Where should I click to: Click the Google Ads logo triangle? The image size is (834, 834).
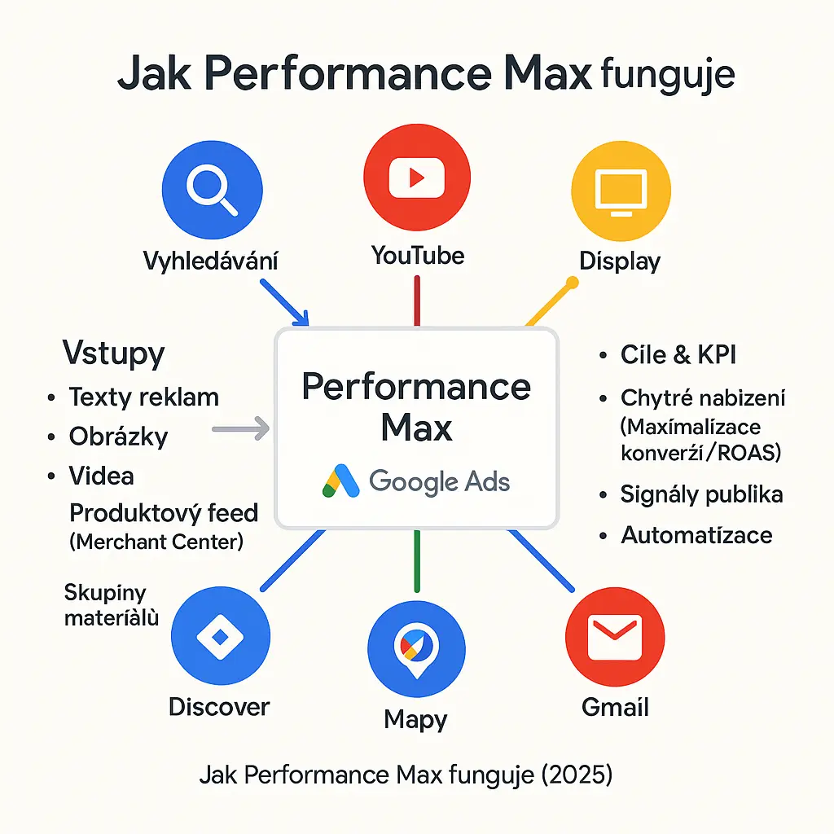click(340, 481)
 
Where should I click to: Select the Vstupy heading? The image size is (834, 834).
click(113, 353)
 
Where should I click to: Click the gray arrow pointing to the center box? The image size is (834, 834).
click(240, 428)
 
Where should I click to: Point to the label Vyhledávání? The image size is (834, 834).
click(210, 261)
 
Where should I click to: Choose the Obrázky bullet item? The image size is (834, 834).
click(118, 436)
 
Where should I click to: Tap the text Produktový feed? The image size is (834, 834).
click(163, 513)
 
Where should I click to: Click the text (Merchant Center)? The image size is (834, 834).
click(156, 541)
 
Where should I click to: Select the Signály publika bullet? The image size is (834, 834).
click(701, 494)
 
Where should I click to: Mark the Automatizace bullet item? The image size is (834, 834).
click(696, 535)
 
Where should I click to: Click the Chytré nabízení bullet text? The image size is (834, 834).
click(703, 397)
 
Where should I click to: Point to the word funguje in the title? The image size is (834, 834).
click(667, 75)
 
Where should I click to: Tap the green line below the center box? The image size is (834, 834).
click(416, 560)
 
